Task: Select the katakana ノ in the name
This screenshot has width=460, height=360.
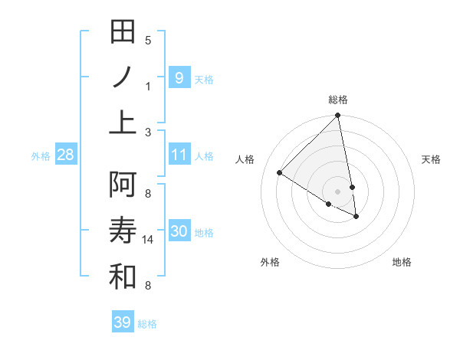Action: pos(123,77)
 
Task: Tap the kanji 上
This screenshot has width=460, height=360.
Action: pos(123,121)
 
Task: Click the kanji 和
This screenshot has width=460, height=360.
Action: pos(123,277)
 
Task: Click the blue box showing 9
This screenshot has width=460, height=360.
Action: pos(179,77)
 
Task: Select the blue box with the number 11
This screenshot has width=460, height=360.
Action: pos(179,155)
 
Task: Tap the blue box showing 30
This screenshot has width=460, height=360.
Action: pos(179,231)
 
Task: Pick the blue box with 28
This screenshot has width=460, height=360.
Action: pos(65,155)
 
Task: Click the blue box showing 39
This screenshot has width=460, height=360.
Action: pos(122,322)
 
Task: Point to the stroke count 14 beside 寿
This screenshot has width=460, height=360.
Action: pos(149,240)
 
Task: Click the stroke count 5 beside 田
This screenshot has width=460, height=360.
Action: pos(148,40)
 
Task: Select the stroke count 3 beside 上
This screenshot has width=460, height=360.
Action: pos(148,132)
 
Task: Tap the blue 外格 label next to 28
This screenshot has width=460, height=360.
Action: pos(41,156)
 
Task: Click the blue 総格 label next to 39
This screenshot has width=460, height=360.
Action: pos(147,324)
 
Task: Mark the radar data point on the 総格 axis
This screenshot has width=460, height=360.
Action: pos(337,116)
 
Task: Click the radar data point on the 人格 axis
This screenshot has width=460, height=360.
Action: pos(280,173)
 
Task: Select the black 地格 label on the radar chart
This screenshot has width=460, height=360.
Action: pos(402,262)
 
